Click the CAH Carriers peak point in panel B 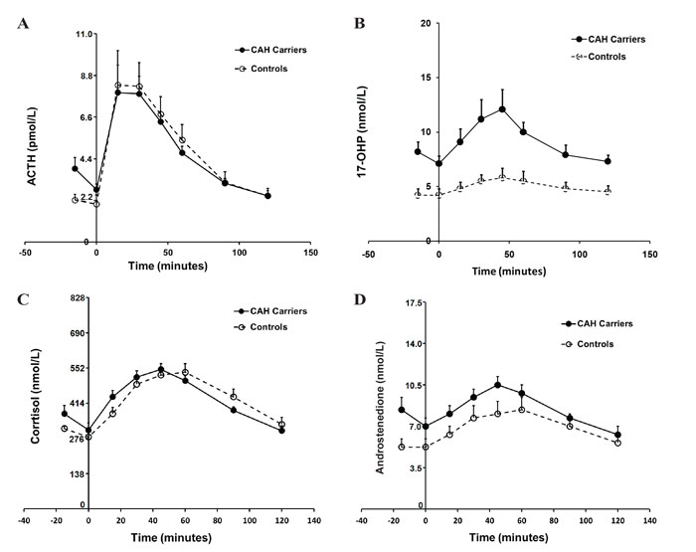[503, 109]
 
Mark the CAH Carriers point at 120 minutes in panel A [267, 196]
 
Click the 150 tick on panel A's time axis [311, 254]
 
